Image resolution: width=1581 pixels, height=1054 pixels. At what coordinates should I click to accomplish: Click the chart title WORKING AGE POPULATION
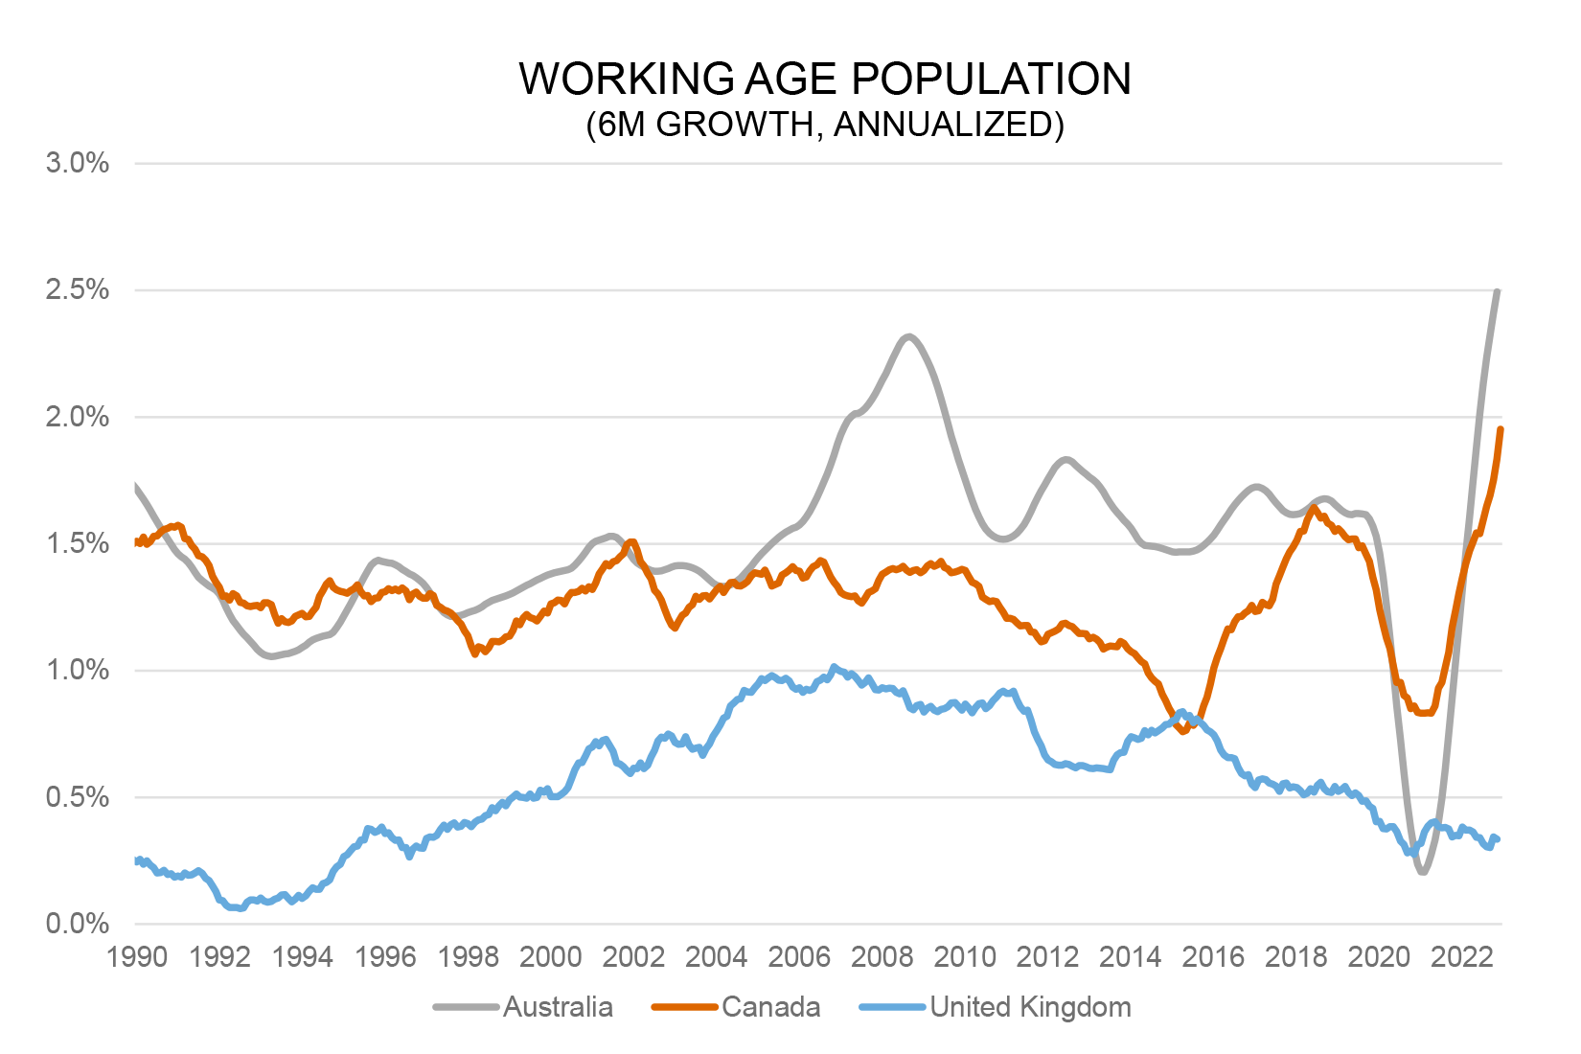point(825,80)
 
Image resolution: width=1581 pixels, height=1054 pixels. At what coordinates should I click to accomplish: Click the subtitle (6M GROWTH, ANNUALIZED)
point(825,126)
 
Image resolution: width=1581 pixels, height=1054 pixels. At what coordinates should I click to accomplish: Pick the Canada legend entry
point(770,1007)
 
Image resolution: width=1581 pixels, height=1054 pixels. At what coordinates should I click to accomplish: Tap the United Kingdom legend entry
point(1030,1007)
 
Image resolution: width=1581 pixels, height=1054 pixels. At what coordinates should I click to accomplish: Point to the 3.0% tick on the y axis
point(78,164)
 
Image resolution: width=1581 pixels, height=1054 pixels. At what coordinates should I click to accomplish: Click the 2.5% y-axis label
point(78,290)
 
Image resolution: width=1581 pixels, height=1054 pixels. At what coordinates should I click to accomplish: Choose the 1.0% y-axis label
point(78,671)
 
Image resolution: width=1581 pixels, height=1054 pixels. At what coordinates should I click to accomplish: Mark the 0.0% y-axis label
point(78,925)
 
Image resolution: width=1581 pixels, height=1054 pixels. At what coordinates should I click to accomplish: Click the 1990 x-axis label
point(138,957)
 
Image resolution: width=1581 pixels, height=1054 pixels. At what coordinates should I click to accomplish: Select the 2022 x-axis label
point(1461,957)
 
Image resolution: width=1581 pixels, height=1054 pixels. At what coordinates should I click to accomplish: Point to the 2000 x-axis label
point(551,957)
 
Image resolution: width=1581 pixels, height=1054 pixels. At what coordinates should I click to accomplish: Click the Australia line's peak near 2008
point(908,336)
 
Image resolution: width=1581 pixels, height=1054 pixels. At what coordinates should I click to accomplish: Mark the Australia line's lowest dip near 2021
point(1423,871)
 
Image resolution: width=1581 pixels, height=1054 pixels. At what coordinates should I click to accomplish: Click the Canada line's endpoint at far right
point(1501,429)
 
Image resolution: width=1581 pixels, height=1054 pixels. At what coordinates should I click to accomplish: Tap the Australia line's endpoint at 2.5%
point(1498,291)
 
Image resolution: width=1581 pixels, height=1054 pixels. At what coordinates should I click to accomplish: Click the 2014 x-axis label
point(1131,957)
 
